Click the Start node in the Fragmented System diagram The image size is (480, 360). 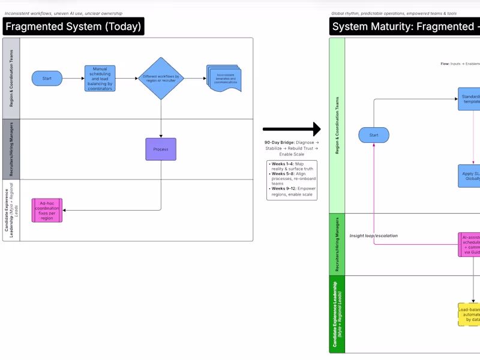click(x=47, y=79)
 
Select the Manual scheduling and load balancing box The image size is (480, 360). click(x=100, y=78)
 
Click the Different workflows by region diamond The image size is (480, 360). click(x=161, y=79)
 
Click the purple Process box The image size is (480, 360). click(x=161, y=149)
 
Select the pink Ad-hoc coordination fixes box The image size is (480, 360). click(x=47, y=211)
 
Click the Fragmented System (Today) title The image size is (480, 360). click(x=73, y=26)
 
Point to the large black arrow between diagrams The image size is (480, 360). click(x=292, y=128)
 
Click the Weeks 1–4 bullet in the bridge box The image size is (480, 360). click(x=292, y=166)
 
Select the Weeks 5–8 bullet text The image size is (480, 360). click(x=292, y=178)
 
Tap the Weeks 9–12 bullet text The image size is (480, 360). click(x=292, y=191)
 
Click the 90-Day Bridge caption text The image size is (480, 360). click(x=292, y=148)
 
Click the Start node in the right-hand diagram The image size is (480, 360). click(x=374, y=135)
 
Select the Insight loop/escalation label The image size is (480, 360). click(x=374, y=236)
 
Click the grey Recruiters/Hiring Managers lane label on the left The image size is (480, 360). click(x=11, y=149)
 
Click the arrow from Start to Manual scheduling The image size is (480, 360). click(x=73, y=79)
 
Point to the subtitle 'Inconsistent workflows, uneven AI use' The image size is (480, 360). click(x=63, y=13)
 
